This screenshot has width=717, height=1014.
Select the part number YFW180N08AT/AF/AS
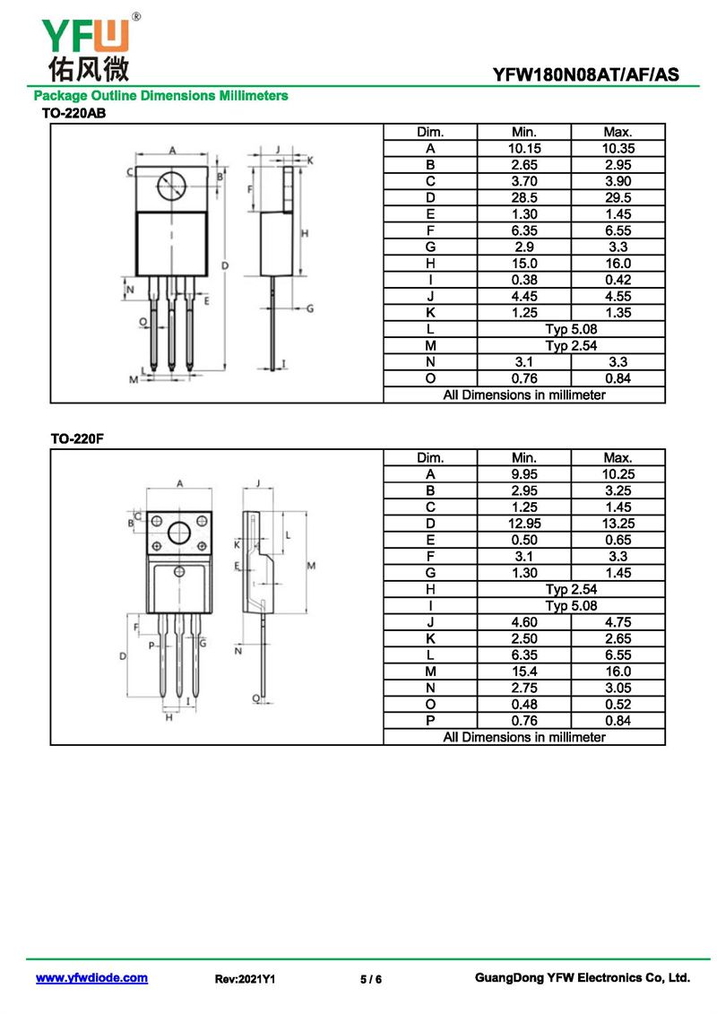(x=594, y=75)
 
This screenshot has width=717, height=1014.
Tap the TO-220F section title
(x=71, y=439)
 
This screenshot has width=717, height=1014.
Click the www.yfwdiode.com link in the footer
(x=91, y=978)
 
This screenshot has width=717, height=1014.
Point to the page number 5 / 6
(x=371, y=980)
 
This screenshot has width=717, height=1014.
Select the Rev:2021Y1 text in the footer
(x=245, y=980)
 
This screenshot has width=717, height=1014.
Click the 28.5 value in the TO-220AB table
(x=524, y=198)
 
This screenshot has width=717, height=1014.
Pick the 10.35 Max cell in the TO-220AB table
(x=618, y=149)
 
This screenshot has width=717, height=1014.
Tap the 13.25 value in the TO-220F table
(x=618, y=524)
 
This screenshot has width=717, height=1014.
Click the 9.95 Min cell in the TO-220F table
(x=524, y=474)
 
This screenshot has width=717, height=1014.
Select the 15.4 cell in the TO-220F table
(x=524, y=672)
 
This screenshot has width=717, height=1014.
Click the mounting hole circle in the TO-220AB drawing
(x=170, y=186)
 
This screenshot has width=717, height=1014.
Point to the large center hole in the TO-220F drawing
(x=179, y=533)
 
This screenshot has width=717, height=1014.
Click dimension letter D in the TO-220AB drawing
(x=225, y=266)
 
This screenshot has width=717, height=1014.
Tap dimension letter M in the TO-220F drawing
(x=311, y=566)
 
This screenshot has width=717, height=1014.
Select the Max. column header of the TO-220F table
(x=618, y=458)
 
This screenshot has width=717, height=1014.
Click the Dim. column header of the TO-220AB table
(x=430, y=133)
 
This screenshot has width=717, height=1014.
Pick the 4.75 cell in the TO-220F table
(x=618, y=622)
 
